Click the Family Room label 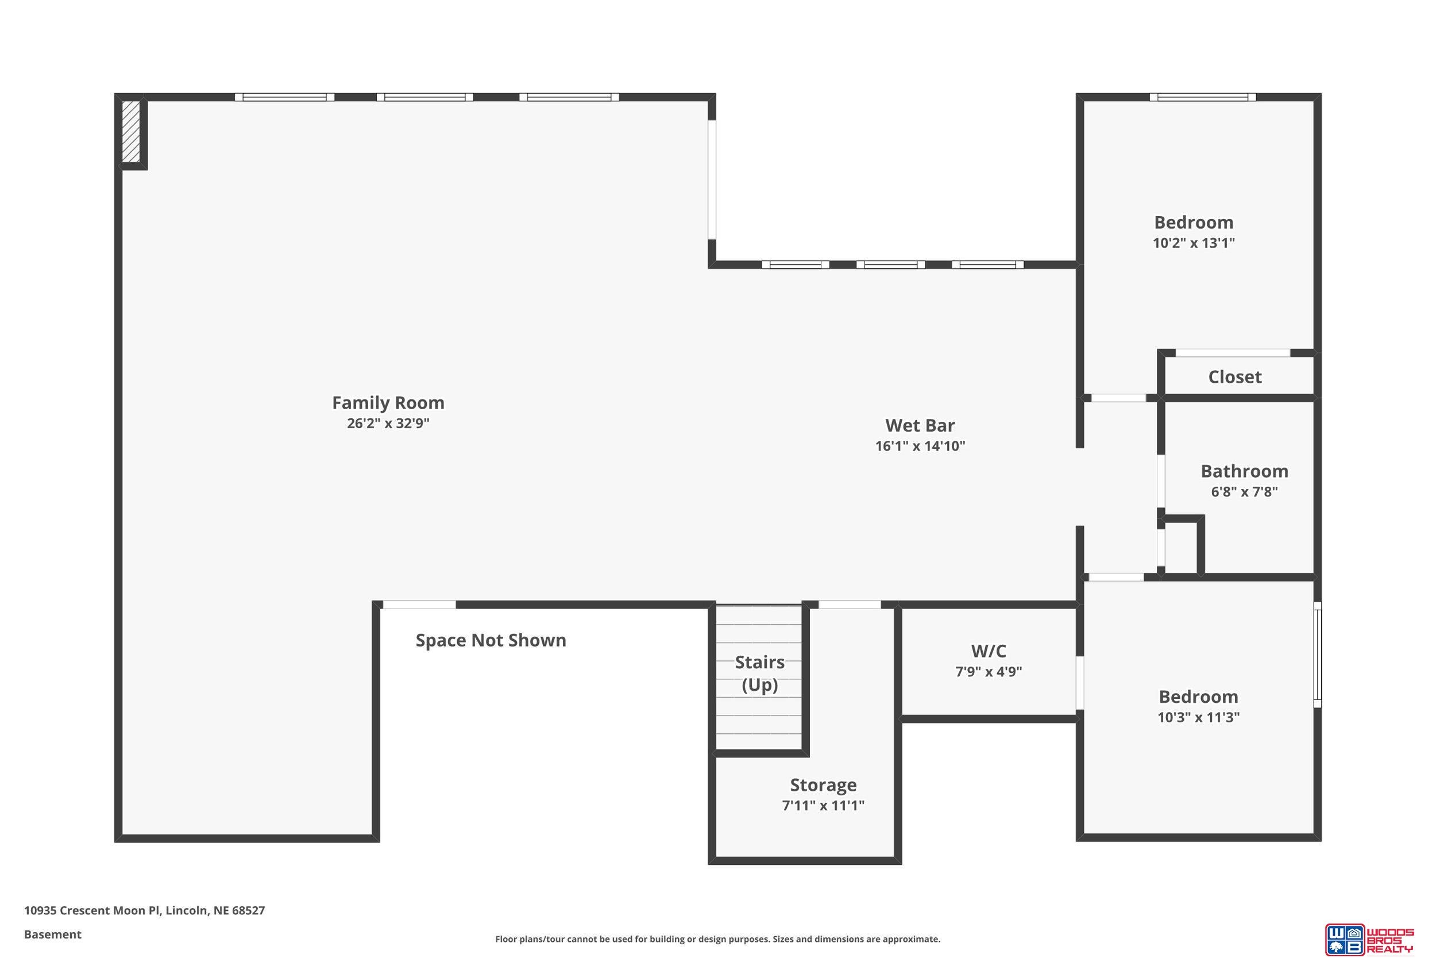[x=388, y=403]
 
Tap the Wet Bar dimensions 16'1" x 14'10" [x=920, y=446]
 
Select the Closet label [x=1234, y=377]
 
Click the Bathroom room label [x=1244, y=471]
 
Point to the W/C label [x=989, y=651]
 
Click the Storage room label [x=823, y=785]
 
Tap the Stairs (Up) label [x=759, y=674]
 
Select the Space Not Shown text [x=491, y=640]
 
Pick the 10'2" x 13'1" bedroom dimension [x=1194, y=243]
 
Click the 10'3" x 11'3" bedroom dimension [x=1199, y=717]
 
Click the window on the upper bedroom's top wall [x=1202, y=97]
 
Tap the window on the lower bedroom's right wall [x=1318, y=655]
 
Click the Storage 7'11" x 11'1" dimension [x=823, y=806]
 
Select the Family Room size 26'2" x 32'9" [x=388, y=424]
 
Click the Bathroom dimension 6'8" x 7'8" [x=1244, y=492]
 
